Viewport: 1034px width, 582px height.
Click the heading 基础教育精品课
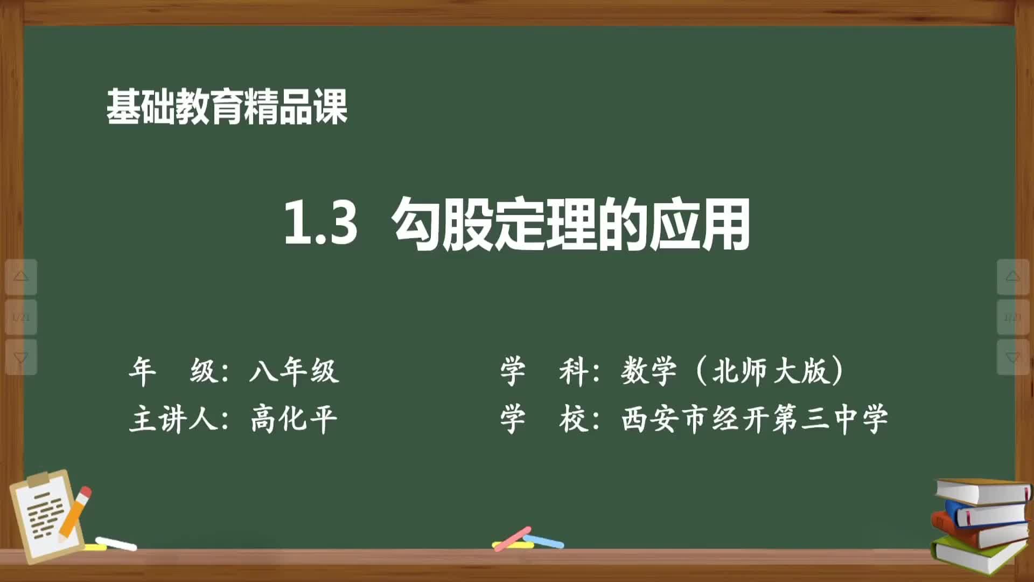227,107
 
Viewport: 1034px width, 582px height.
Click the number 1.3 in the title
320,223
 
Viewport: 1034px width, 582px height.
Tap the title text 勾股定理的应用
571,224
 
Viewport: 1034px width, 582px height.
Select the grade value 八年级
294,371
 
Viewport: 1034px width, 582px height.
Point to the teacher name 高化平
294,419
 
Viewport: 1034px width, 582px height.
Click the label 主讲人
173,419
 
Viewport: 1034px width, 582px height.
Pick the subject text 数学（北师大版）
732,371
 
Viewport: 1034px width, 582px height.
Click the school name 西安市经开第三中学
754,419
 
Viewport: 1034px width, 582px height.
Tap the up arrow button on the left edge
21,277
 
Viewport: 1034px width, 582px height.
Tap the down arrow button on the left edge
21,357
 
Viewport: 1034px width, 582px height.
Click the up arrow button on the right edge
1013,277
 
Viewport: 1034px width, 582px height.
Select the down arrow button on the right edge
1013,357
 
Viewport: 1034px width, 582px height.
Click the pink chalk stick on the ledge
512,538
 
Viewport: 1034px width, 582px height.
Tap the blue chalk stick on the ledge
544,541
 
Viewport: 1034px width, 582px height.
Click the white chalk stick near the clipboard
116,544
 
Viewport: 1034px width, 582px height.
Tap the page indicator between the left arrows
21,317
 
